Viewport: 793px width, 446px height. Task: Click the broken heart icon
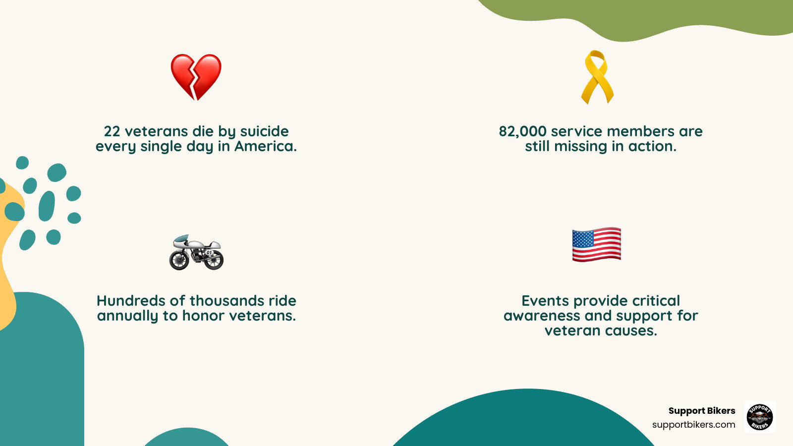point(196,77)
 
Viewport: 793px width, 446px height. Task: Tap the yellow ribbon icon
point(597,77)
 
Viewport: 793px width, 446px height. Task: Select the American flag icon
point(597,244)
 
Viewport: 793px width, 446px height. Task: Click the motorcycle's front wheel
point(179,260)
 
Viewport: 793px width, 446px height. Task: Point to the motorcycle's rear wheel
point(214,260)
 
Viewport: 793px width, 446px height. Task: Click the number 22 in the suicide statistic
point(112,131)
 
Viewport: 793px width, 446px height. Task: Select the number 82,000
point(522,131)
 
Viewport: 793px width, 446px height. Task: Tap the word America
point(266,146)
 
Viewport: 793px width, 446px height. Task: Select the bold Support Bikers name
point(701,411)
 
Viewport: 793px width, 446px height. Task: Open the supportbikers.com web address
point(693,425)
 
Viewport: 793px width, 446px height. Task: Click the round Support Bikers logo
point(760,417)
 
